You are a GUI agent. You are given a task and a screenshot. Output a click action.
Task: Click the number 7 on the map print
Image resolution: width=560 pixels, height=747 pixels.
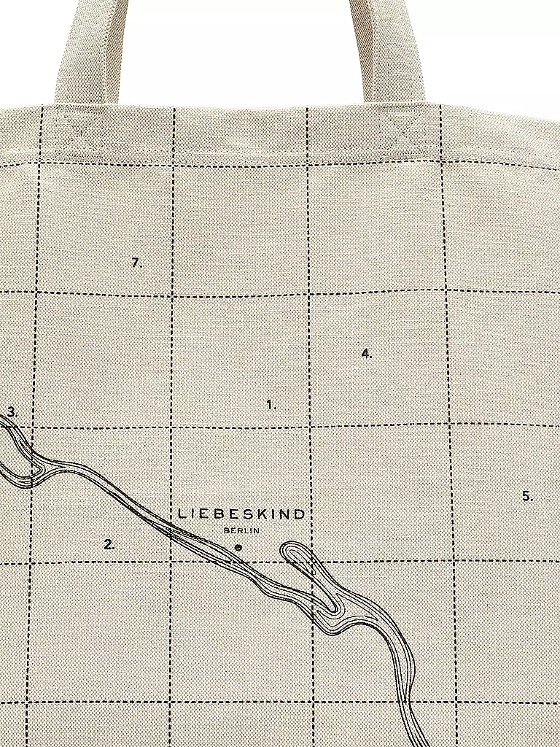pos(136,263)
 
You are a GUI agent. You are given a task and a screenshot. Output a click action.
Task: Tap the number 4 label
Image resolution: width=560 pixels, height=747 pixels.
pos(365,353)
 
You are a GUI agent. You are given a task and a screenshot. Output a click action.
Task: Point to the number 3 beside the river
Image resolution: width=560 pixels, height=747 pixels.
pos(12,412)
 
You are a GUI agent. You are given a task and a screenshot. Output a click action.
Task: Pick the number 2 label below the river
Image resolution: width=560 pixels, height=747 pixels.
pos(109,543)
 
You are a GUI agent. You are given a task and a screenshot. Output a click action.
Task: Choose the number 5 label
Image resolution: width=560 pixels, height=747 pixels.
pos(526,496)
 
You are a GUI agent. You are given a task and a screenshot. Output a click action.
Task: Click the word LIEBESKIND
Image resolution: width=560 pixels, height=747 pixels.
pos(241,514)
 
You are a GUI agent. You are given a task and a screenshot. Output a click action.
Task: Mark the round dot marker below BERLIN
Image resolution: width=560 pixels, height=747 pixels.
pos(238,546)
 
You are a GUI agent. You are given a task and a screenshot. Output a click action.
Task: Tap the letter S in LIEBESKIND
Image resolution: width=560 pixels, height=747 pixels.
pos(244,514)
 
